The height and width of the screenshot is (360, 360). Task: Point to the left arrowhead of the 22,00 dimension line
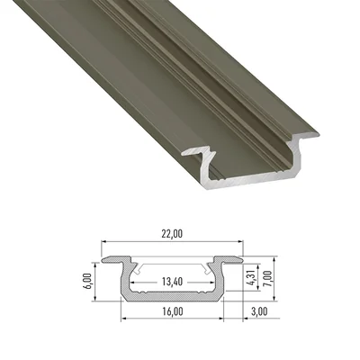pos(103,243)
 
